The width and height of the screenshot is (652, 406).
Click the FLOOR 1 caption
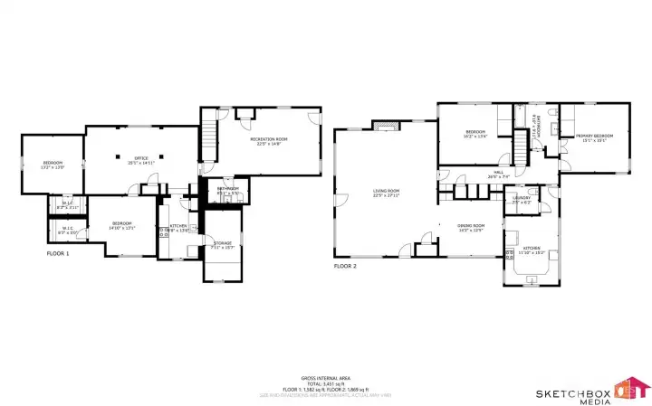coord(58,254)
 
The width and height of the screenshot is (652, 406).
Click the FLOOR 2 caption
coord(345,266)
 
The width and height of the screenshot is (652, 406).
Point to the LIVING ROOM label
coord(387,192)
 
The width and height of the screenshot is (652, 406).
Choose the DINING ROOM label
coord(471,226)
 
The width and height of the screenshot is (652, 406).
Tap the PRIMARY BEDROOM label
coord(591,137)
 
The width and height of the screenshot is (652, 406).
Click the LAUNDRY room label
coord(522,200)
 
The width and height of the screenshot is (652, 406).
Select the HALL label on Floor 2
coord(499,174)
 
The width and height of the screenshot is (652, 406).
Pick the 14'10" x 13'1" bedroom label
coord(122,225)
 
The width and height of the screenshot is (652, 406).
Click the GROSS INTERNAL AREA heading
coord(326,378)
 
